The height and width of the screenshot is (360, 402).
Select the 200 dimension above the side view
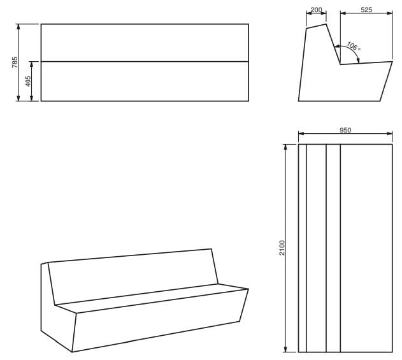click(316, 10)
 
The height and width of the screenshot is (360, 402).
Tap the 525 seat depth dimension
click(366, 10)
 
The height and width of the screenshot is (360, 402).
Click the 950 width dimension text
click(345, 130)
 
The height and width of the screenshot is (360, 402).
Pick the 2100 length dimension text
click(282, 248)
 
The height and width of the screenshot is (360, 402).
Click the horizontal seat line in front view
click(145, 61)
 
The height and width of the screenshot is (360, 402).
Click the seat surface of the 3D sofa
click(153, 299)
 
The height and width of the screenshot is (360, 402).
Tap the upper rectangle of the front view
click(145, 43)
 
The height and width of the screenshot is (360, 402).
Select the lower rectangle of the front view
click(145, 81)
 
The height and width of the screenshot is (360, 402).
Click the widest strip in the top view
click(366, 248)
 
